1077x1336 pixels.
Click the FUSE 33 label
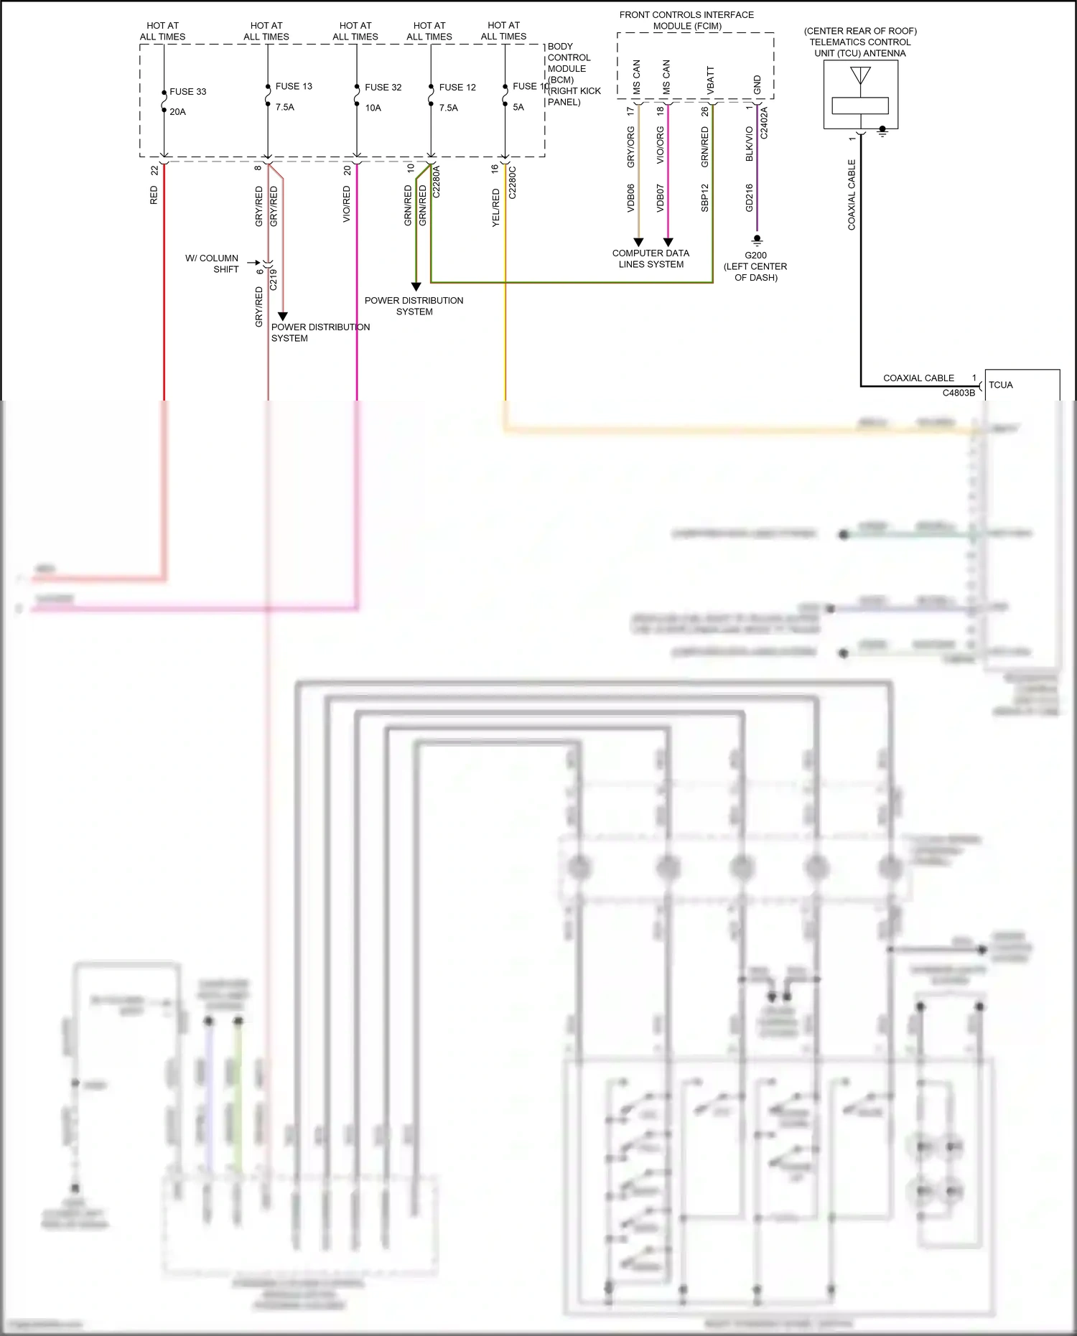tap(187, 92)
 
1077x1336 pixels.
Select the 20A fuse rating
tap(177, 112)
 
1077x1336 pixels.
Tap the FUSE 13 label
tap(294, 86)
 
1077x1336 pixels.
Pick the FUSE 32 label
tap(383, 88)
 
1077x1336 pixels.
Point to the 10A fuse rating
tap(373, 108)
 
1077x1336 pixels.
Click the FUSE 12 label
tap(457, 88)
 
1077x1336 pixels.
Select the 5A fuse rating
tap(518, 108)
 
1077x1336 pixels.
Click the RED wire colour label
tap(154, 195)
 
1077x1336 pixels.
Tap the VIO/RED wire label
tap(347, 204)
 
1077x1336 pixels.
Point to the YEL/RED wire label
tap(495, 208)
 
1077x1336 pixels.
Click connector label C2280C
tap(512, 182)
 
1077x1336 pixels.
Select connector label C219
tap(273, 279)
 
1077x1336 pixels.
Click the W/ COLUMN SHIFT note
tap(212, 263)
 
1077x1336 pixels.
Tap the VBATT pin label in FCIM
tap(711, 80)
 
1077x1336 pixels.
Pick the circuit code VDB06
tap(631, 197)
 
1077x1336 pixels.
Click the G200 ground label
tap(755, 256)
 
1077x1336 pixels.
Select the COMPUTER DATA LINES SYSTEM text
tap(651, 258)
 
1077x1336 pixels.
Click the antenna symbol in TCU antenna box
tap(860, 75)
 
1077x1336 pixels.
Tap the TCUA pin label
tap(1000, 385)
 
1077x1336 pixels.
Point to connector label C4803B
tap(959, 393)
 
